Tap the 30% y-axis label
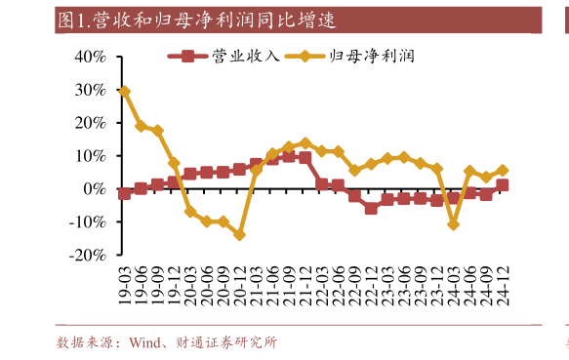pyautogui.click(x=89, y=89)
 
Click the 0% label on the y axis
pyautogui.click(x=94, y=188)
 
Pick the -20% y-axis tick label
pyautogui.click(x=86, y=255)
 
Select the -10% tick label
pyautogui.click(x=86, y=221)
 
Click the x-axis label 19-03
pyautogui.click(x=124, y=285)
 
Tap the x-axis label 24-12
pyautogui.click(x=503, y=285)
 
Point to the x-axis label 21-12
pyautogui.click(x=305, y=285)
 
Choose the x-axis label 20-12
pyautogui.click(x=239, y=285)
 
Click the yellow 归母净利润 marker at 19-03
pyautogui.click(x=124, y=91)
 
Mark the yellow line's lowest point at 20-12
pyautogui.click(x=239, y=234)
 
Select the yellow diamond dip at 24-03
pyautogui.click(x=453, y=224)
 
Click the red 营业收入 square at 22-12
pyautogui.click(x=371, y=208)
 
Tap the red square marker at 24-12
pyautogui.click(x=503, y=184)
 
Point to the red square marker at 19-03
pyautogui.click(x=124, y=193)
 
